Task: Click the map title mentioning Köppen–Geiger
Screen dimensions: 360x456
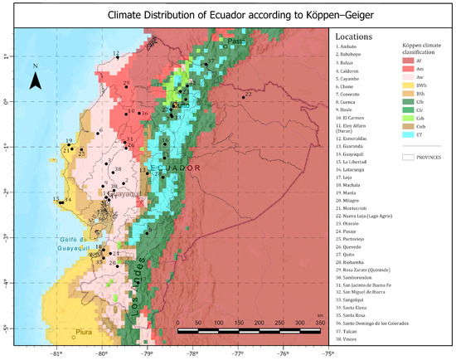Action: [x=227, y=15]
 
